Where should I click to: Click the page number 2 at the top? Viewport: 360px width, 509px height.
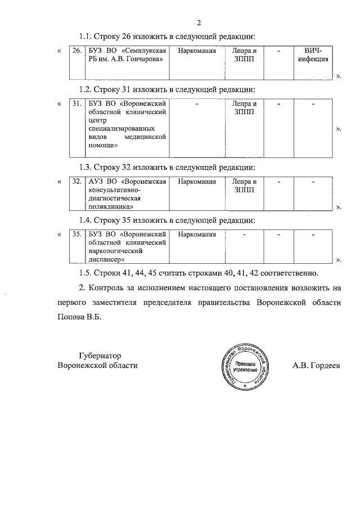[x=199, y=23]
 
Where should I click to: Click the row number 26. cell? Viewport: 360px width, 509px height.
[x=78, y=51]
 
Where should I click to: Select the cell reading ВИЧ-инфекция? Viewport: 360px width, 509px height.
[x=313, y=55]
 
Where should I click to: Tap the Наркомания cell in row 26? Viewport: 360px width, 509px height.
[x=196, y=51]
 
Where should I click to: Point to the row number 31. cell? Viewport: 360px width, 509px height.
[x=78, y=104]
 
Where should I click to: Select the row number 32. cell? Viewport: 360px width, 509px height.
[x=78, y=182]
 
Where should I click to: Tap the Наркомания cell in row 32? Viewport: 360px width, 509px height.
[x=196, y=182]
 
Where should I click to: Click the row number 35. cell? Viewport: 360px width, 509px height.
[x=78, y=234]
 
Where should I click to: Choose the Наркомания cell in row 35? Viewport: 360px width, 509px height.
[x=196, y=234]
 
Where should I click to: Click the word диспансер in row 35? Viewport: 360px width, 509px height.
[x=107, y=260]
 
